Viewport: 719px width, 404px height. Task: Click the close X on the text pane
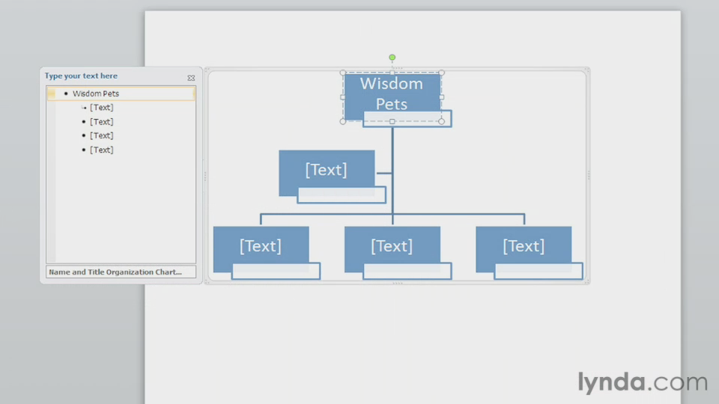pos(191,77)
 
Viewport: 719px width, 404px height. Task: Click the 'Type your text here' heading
pos(81,76)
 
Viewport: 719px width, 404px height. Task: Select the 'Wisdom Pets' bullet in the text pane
pos(96,94)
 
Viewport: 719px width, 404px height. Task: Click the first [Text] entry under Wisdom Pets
pos(101,108)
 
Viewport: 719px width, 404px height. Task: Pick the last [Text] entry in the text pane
pos(101,150)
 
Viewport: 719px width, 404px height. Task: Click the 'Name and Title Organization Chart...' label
pos(115,272)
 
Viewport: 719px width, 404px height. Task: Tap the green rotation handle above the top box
pos(392,58)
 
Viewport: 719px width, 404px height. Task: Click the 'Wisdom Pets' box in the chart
pos(392,94)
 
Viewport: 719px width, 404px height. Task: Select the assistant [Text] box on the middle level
pos(327,170)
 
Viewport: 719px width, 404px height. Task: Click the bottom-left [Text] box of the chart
pos(261,246)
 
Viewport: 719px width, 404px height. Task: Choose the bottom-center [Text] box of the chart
pos(392,246)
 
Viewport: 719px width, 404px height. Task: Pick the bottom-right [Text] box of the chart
pos(524,246)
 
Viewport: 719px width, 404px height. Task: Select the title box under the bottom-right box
pos(539,272)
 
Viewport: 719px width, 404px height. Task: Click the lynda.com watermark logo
pos(642,382)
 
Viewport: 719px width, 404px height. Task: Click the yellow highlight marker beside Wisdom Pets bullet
pos(51,94)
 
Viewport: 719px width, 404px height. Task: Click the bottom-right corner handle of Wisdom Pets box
pos(441,121)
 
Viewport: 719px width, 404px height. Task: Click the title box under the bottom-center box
pos(407,272)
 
